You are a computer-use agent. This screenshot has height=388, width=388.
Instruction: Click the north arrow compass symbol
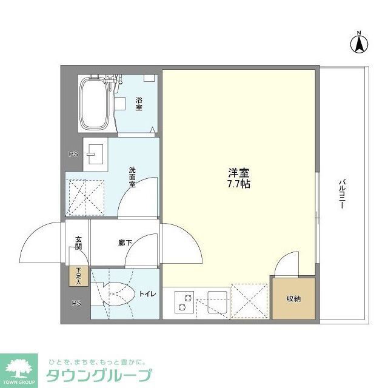click(x=359, y=42)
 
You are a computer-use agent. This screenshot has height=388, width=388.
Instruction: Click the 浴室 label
click(x=139, y=104)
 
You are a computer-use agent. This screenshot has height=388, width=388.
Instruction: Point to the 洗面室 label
click(x=132, y=176)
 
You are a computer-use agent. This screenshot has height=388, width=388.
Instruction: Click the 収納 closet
click(x=293, y=299)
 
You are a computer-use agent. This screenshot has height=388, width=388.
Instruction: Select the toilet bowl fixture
click(x=115, y=295)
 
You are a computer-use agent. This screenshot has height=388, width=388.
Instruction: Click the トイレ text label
click(x=147, y=294)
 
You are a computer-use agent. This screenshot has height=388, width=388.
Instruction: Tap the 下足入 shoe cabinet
click(x=78, y=276)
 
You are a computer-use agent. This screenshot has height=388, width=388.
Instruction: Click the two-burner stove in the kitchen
click(x=184, y=301)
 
